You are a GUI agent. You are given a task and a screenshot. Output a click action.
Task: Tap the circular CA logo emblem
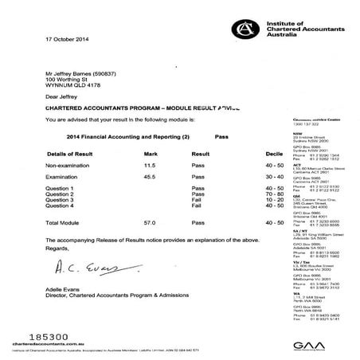[x=244, y=29]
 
